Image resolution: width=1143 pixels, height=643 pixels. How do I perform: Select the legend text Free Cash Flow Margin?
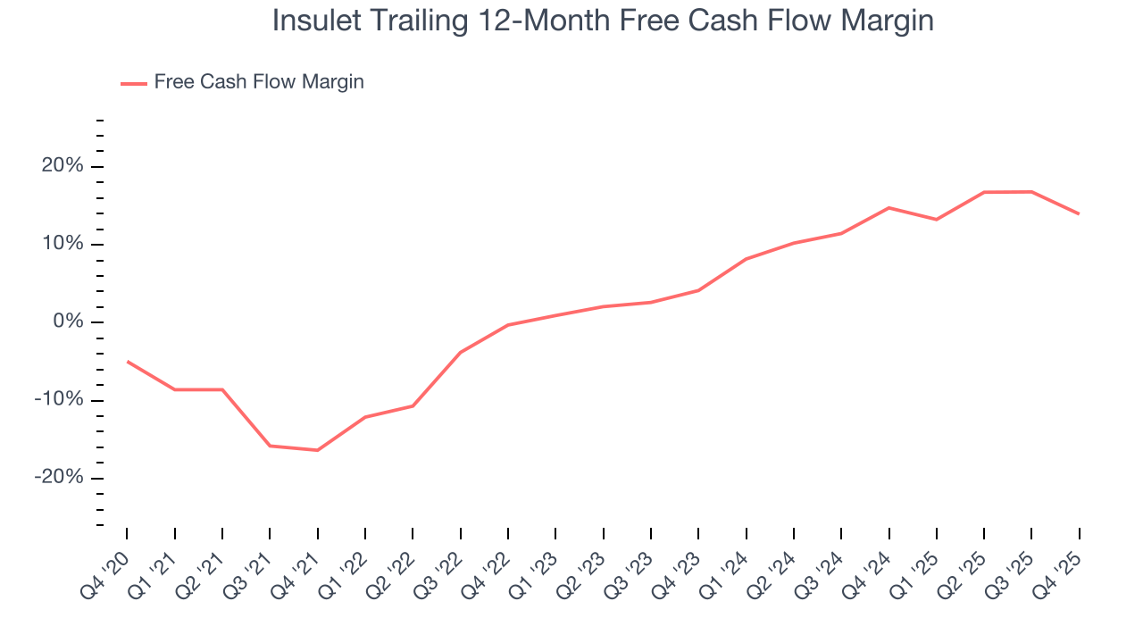259,82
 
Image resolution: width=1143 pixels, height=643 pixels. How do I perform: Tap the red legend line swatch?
134,83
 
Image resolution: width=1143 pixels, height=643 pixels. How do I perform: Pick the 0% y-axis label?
66,321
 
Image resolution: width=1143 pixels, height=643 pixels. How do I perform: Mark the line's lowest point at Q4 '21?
317,450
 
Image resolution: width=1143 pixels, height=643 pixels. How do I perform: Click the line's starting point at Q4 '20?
127,361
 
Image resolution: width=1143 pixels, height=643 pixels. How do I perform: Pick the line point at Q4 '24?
889,207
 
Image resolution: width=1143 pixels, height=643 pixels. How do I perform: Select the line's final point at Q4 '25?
1079,213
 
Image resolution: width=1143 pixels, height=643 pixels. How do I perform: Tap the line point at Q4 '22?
508,325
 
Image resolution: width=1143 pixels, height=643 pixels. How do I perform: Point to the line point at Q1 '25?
936,220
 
